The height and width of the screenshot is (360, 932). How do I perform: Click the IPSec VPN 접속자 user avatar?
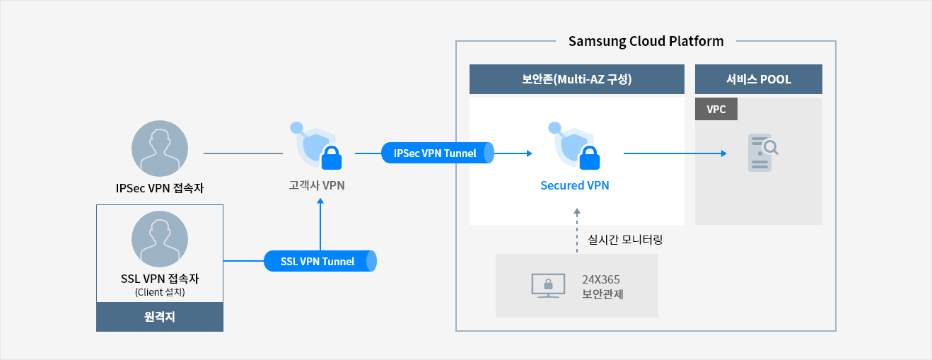click(x=160, y=149)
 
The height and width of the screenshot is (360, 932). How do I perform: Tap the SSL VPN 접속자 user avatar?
click(x=160, y=239)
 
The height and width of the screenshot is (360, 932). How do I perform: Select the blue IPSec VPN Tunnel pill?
click(x=437, y=153)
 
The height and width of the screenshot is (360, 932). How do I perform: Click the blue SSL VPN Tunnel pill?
click(x=320, y=261)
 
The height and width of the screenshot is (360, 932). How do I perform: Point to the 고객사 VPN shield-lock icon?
click(x=316, y=146)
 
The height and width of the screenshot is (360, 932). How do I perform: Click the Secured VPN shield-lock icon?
click(x=574, y=146)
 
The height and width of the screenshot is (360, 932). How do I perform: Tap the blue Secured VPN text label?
click(x=575, y=185)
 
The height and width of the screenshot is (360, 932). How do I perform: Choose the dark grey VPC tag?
click(x=716, y=109)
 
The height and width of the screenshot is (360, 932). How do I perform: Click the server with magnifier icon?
click(x=763, y=153)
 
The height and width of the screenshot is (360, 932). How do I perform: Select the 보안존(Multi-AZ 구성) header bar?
click(x=577, y=79)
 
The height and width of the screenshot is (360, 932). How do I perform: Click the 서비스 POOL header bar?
click(x=759, y=79)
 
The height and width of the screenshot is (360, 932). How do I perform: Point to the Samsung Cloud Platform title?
click(x=646, y=41)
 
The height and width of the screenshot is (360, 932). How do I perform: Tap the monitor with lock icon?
click(x=549, y=286)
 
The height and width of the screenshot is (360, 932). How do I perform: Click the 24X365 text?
click(x=601, y=279)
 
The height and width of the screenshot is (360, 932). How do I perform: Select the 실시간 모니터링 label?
click(x=625, y=240)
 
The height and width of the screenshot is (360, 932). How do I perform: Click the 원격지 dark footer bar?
click(x=160, y=317)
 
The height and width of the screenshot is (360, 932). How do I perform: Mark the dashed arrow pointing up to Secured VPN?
click(x=577, y=231)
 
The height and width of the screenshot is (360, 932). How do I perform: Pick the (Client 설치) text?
click(x=160, y=292)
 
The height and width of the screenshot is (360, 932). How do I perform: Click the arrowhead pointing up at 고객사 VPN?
click(x=320, y=201)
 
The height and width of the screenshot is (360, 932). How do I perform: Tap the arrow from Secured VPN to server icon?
click(x=675, y=153)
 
